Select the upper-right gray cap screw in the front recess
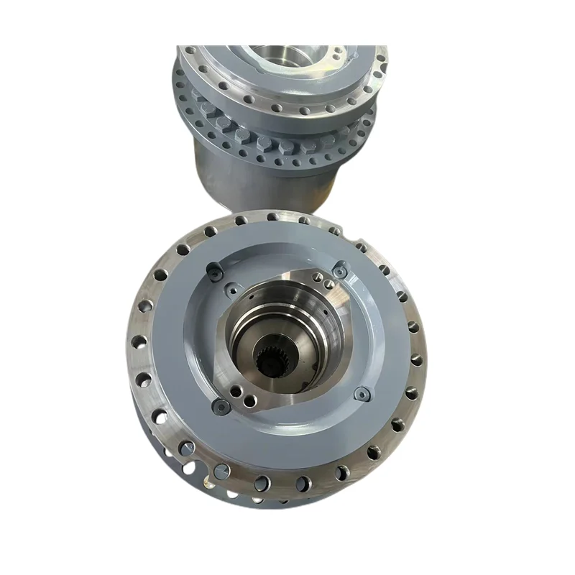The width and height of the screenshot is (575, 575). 340,271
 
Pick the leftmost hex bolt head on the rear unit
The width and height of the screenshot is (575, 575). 207,109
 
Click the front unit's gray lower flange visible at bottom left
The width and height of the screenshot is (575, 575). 172,460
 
